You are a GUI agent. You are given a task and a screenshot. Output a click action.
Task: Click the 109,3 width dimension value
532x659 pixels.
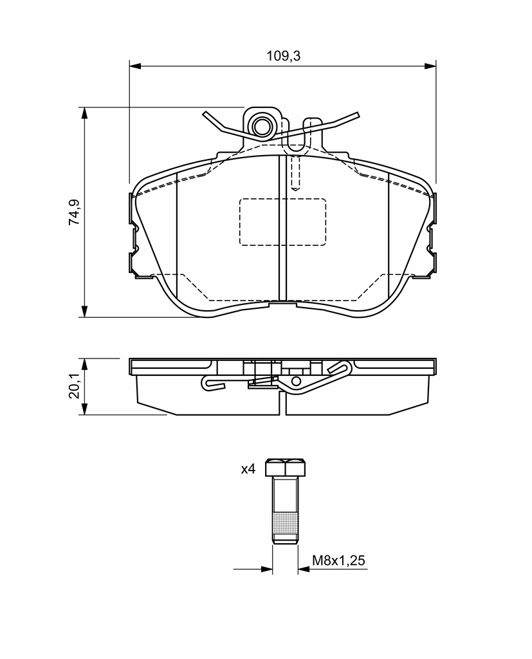point(284,56)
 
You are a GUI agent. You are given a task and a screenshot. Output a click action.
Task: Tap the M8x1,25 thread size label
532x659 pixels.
point(338,561)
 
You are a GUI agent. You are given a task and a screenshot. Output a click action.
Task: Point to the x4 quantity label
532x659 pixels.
point(248,469)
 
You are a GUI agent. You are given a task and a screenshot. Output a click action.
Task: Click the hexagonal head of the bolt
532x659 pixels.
point(285,468)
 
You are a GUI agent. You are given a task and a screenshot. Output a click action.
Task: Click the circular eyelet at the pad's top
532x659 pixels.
point(262,125)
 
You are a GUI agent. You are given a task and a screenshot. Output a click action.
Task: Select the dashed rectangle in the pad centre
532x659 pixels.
point(282,221)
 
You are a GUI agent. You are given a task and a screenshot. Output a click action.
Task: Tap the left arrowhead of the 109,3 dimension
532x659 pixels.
point(134,66)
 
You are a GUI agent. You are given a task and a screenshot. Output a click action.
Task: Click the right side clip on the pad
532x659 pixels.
point(431,235)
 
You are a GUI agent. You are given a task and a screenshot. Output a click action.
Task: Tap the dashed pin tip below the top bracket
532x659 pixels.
point(295,187)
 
